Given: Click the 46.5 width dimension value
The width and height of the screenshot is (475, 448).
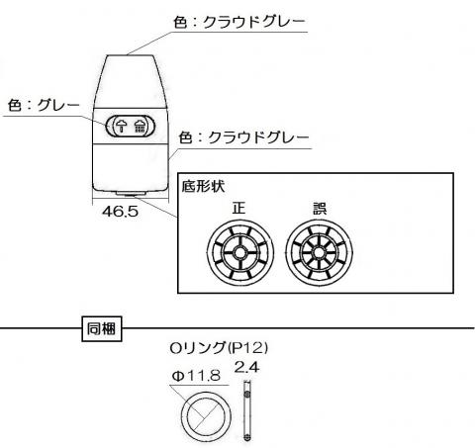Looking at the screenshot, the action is coord(120,212).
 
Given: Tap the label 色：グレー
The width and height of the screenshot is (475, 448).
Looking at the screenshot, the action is coord(44,106).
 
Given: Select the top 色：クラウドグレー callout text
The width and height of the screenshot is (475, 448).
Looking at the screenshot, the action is coord(239,23).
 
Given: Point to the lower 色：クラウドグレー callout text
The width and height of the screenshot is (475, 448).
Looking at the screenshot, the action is coord(243,137).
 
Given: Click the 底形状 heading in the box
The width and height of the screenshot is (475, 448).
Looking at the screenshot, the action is coord(203,186).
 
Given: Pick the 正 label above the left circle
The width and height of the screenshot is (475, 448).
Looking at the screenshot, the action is coord(239,208).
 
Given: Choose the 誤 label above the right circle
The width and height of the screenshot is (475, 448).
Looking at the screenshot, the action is coord(320,209).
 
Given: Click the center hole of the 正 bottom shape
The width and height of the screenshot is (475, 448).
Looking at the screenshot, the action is coord(240,253).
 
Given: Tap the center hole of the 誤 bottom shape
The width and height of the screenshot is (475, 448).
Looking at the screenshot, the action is coord(319,253).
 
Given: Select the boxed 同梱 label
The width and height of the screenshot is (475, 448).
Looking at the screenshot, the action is coord(102,328).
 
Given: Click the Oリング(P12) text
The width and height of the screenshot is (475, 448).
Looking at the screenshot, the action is coord(219,348).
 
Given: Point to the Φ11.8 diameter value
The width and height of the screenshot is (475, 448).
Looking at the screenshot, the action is coord(196,376).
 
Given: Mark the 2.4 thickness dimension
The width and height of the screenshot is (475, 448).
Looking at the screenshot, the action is coord(246,367).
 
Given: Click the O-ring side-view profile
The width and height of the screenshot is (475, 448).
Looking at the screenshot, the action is coord(246,410).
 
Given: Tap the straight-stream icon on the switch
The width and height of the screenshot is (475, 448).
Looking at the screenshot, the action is coord(122,126).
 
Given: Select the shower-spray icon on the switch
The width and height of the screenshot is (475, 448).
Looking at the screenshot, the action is coord(141,126).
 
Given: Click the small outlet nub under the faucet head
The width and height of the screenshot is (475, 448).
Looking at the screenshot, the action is coord(131,194).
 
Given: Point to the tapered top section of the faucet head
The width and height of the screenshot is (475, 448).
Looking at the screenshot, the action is coord(131,81).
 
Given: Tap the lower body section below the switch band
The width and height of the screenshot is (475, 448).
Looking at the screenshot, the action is coord(131,167).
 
